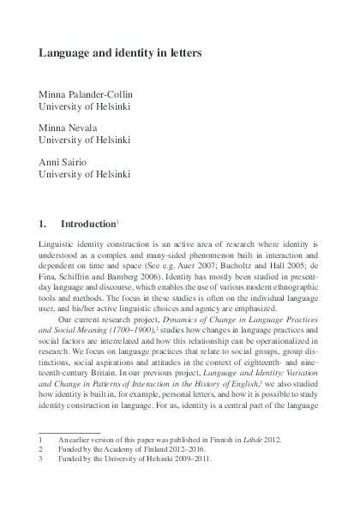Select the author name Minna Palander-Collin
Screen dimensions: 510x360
point(93,93)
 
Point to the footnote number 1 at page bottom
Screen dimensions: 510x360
point(41,438)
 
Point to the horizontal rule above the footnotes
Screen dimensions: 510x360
point(69,430)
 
